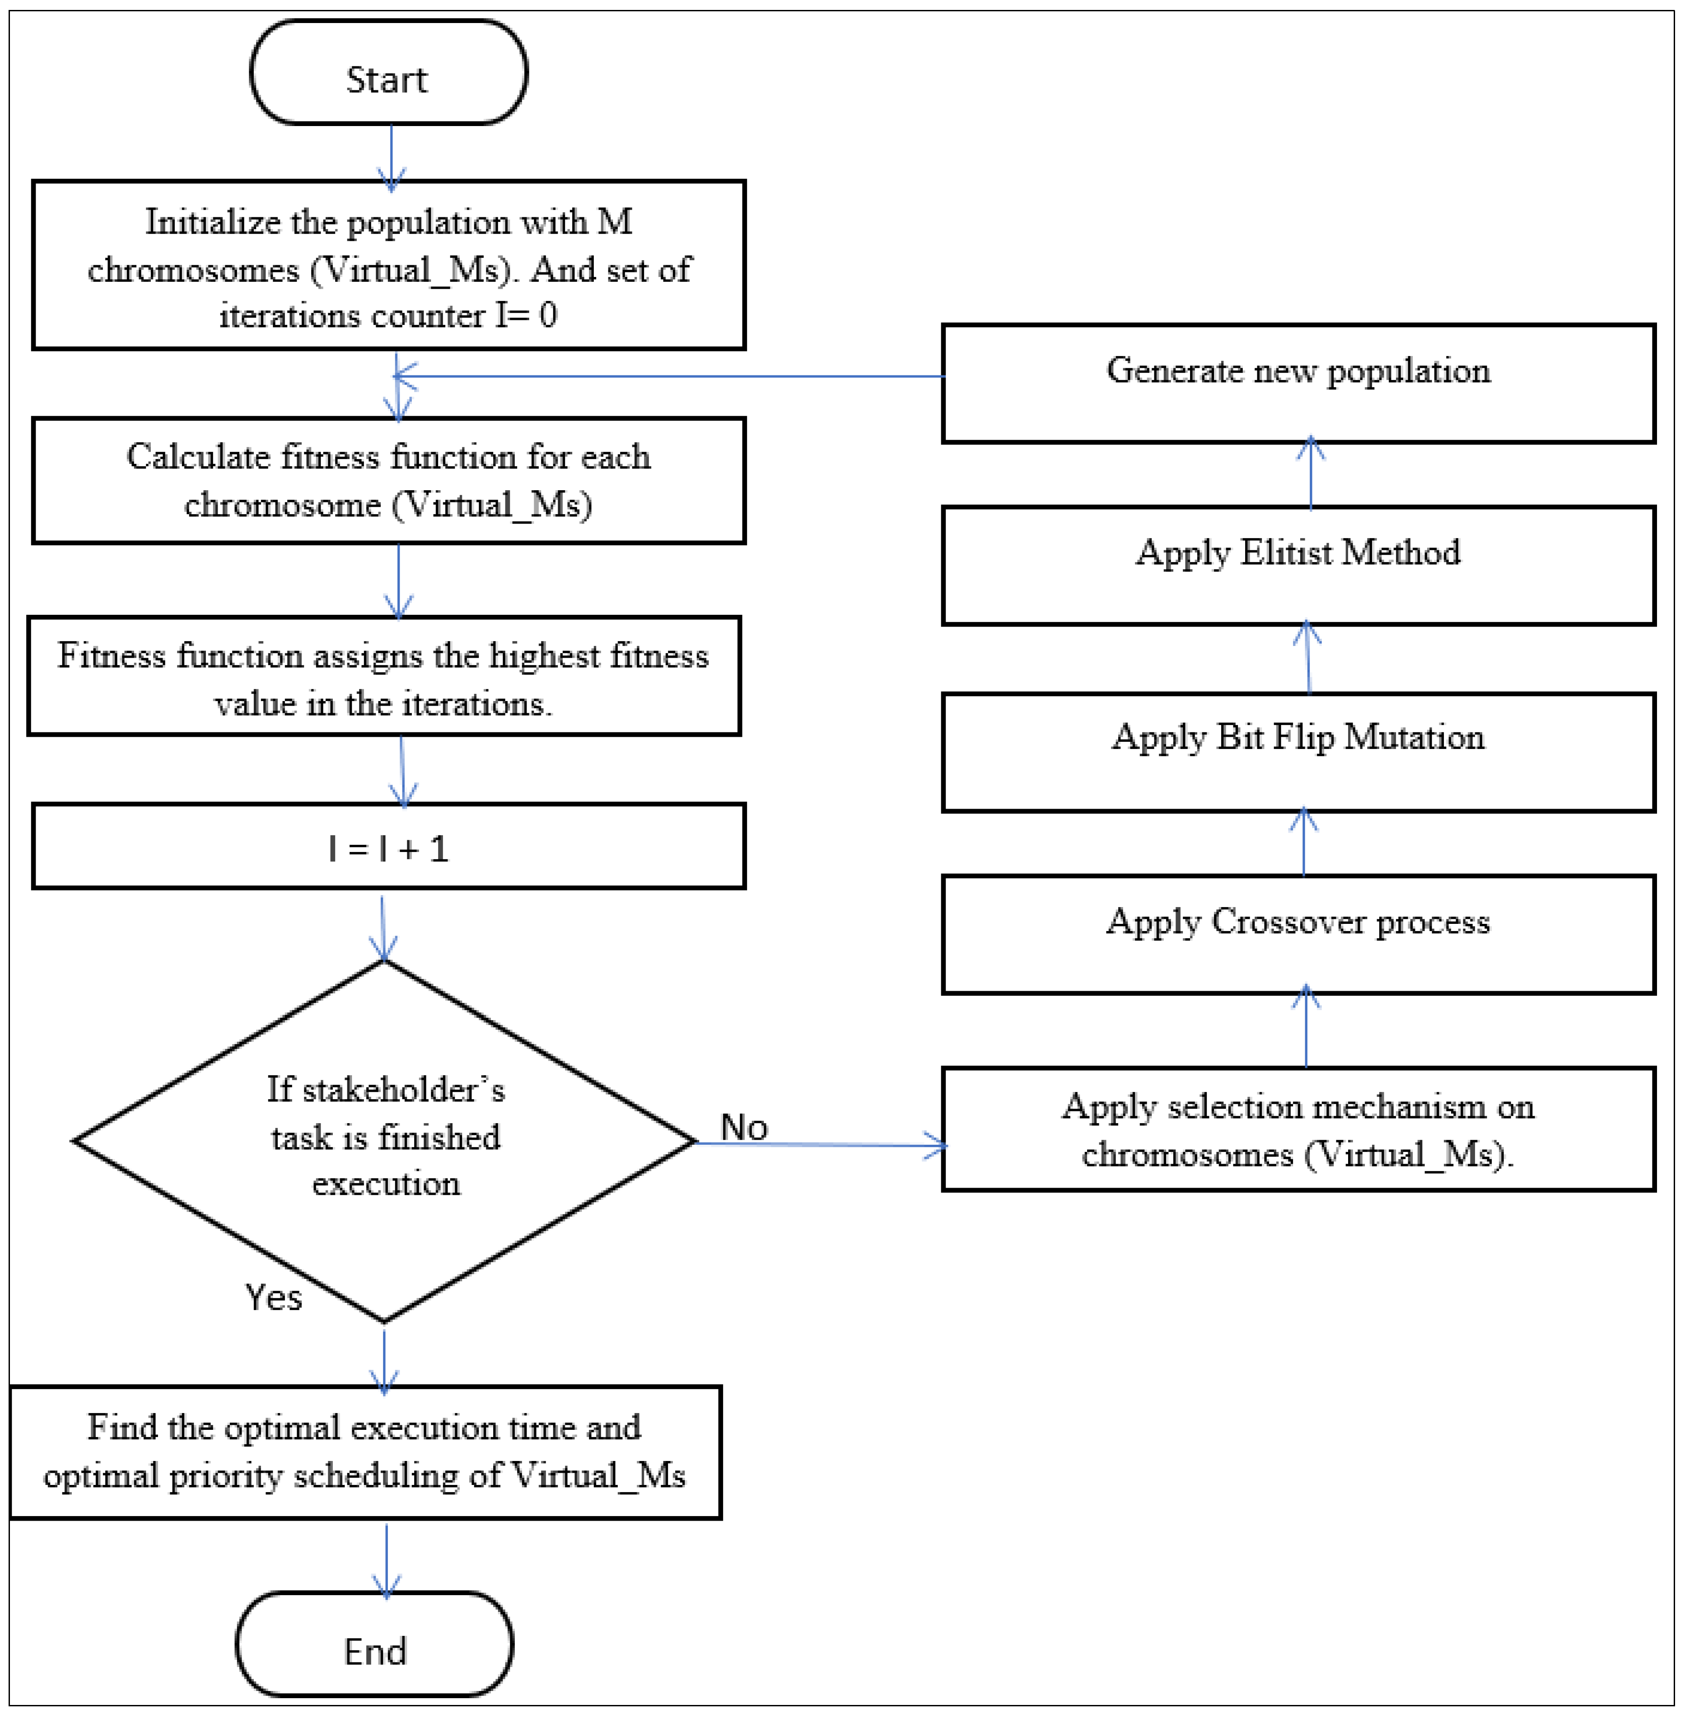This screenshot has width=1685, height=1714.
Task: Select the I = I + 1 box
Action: (x=388, y=846)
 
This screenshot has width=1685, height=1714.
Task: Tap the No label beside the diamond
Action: (x=743, y=1127)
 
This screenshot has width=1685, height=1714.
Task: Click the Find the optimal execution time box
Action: (x=365, y=1452)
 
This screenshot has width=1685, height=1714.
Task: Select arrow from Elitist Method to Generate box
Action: (x=1311, y=473)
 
